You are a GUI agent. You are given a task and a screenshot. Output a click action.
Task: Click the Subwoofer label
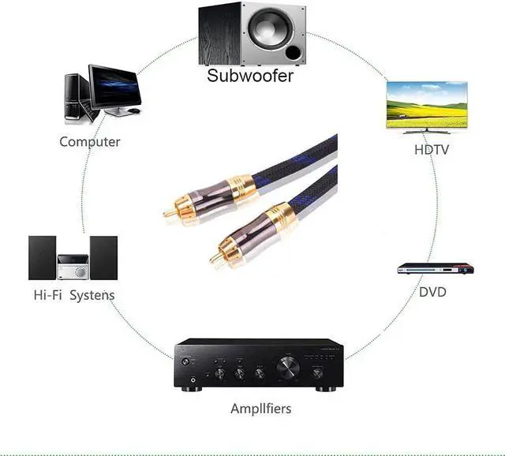(x=250, y=76)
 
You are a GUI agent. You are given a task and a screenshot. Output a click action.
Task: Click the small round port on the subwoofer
(x=294, y=53)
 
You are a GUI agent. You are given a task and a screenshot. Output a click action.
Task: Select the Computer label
(x=90, y=142)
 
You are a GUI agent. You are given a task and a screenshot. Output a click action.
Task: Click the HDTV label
(x=431, y=148)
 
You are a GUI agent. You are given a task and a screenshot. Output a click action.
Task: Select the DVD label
(x=432, y=292)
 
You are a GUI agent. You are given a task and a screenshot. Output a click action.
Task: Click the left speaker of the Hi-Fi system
(x=43, y=258)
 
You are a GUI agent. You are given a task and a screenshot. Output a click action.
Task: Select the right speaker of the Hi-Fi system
(x=103, y=258)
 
